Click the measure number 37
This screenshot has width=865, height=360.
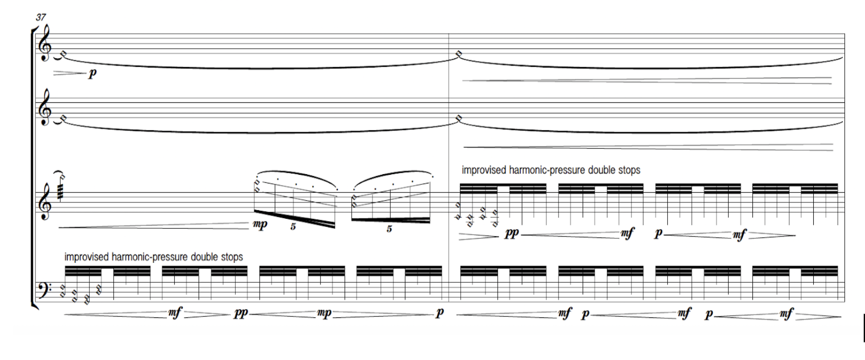coord(41,18)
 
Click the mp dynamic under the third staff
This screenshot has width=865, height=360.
coord(260,225)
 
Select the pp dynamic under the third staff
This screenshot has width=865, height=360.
coord(512,235)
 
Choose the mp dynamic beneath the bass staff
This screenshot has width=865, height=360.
coord(324,314)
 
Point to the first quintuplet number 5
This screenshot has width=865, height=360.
coord(293,227)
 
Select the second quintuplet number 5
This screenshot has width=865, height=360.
coord(389,229)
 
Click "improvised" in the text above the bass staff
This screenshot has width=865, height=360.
coord(87,257)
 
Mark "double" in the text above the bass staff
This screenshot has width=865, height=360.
coord(205,257)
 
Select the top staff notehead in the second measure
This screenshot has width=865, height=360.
coord(459,54)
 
